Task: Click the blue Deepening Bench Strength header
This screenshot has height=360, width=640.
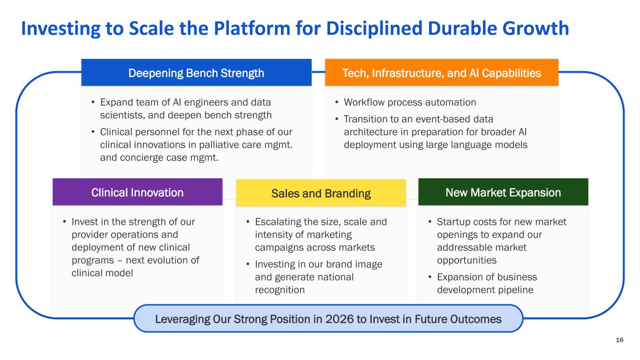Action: click(196, 72)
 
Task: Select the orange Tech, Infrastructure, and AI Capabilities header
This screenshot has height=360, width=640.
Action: click(442, 72)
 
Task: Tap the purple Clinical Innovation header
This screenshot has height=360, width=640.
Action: click(137, 192)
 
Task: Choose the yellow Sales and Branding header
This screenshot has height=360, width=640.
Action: click(321, 193)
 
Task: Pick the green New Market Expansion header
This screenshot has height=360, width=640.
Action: click(503, 192)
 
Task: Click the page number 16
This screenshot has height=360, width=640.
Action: click(619, 340)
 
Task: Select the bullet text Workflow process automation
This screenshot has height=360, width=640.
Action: click(410, 102)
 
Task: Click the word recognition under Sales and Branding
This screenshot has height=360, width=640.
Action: click(280, 290)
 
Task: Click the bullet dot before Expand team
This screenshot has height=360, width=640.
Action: click(93, 102)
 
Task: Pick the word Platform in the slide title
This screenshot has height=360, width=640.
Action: click(252, 28)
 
